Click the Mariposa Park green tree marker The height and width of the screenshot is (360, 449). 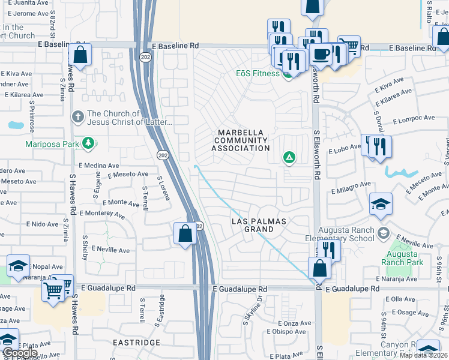coord(89,143)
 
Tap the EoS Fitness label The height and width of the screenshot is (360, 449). coord(257,74)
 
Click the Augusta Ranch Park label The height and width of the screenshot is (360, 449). coord(402,258)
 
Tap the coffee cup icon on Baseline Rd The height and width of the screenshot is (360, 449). coord(321,53)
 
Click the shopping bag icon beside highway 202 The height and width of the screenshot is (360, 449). coord(185,233)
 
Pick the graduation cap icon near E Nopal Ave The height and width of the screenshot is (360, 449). coord(19,266)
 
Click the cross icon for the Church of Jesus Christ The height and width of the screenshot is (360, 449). coord(77,115)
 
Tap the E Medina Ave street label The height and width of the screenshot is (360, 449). coord(99,166)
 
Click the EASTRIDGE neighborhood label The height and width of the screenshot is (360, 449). coord(136,343)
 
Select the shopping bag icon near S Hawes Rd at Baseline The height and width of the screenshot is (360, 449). coord(80,55)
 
